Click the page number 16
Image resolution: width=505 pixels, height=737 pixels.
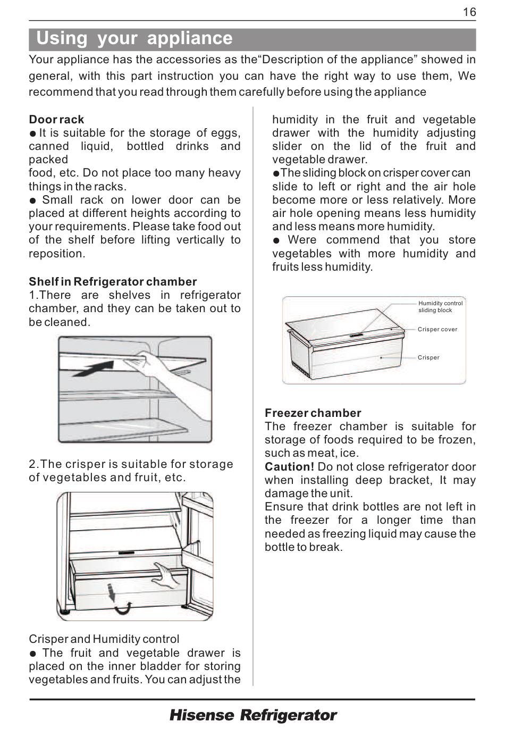point(469,12)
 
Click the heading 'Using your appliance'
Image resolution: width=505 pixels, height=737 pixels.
point(134,38)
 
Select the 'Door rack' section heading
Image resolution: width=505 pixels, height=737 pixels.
point(56,119)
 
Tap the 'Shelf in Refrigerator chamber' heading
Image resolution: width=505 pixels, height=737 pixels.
point(113,282)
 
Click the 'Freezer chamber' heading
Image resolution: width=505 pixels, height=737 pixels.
point(313,413)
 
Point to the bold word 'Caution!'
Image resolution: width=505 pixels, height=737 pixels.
point(290,466)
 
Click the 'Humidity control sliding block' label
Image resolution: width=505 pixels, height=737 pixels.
point(440,307)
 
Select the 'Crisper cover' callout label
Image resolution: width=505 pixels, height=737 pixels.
point(437,329)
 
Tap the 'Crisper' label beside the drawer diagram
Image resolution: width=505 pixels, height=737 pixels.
point(428,358)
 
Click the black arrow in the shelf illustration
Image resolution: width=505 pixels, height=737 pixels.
point(94,368)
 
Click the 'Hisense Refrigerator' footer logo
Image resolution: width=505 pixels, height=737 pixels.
point(253,715)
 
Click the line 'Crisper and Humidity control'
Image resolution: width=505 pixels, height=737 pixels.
point(104,639)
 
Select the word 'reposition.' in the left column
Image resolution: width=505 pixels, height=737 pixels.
point(57,254)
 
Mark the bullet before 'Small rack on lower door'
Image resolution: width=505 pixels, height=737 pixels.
point(32,200)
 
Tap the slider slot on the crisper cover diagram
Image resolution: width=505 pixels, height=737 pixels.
point(356,336)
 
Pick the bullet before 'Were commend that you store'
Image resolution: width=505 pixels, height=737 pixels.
point(276,240)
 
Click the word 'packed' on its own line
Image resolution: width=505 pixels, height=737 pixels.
point(48,160)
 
